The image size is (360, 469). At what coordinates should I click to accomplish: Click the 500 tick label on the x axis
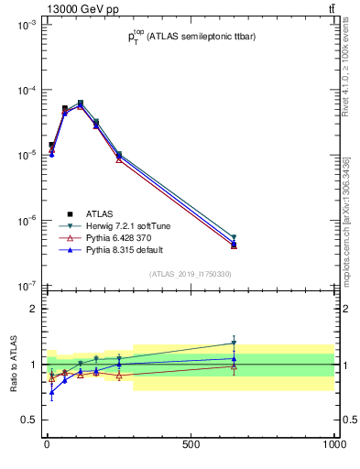(x=191, y=444)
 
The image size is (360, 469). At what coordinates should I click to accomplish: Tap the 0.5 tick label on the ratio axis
(x=28, y=420)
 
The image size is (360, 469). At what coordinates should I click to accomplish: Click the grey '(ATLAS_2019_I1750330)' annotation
(x=190, y=274)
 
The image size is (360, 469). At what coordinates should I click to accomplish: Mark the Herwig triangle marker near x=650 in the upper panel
(x=234, y=237)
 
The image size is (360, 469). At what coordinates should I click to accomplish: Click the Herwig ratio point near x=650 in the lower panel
(x=234, y=343)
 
